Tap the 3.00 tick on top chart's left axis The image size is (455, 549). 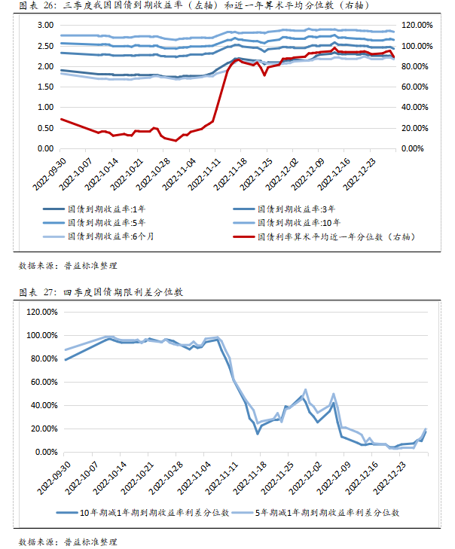[45, 25]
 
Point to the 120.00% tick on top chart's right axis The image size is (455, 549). [417, 25]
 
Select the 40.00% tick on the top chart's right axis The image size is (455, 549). [417, 108]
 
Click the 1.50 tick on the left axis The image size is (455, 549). [45, 87]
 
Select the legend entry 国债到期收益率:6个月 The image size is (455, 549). [109, 236]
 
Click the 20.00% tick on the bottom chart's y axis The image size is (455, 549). [43, 429]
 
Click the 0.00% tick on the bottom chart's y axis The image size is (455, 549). [44, 452]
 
